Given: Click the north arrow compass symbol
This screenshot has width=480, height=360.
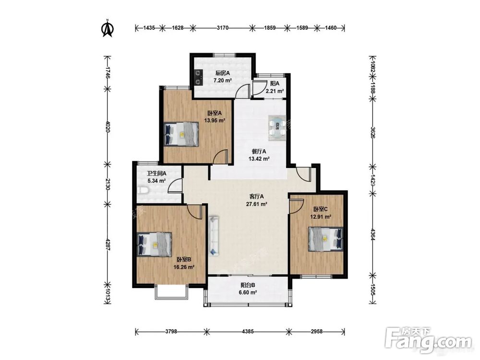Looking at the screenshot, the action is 108,28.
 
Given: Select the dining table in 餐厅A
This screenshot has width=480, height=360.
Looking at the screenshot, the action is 277,128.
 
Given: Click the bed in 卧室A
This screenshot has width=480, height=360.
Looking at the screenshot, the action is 181,134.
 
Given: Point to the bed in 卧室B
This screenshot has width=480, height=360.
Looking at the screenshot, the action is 154,244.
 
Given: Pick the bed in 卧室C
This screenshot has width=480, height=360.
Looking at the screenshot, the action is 326,239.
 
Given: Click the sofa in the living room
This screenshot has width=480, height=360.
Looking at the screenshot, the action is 214,235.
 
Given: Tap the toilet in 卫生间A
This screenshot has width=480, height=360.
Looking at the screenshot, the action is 143,191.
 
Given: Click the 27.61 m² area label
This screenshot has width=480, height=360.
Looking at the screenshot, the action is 257,204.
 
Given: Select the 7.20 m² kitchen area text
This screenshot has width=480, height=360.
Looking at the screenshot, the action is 223,81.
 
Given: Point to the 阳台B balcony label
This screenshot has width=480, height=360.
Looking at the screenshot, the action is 248,285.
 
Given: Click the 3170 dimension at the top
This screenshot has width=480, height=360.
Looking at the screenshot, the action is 223,28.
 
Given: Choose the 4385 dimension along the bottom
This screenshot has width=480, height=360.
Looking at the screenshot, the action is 248,331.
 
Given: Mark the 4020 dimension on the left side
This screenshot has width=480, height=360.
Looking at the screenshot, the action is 108,126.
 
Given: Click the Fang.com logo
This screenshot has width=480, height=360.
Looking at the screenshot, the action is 428,340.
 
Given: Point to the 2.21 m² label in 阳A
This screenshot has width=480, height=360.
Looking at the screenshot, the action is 275,91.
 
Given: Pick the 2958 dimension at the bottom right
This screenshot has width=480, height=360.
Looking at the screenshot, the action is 316,331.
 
